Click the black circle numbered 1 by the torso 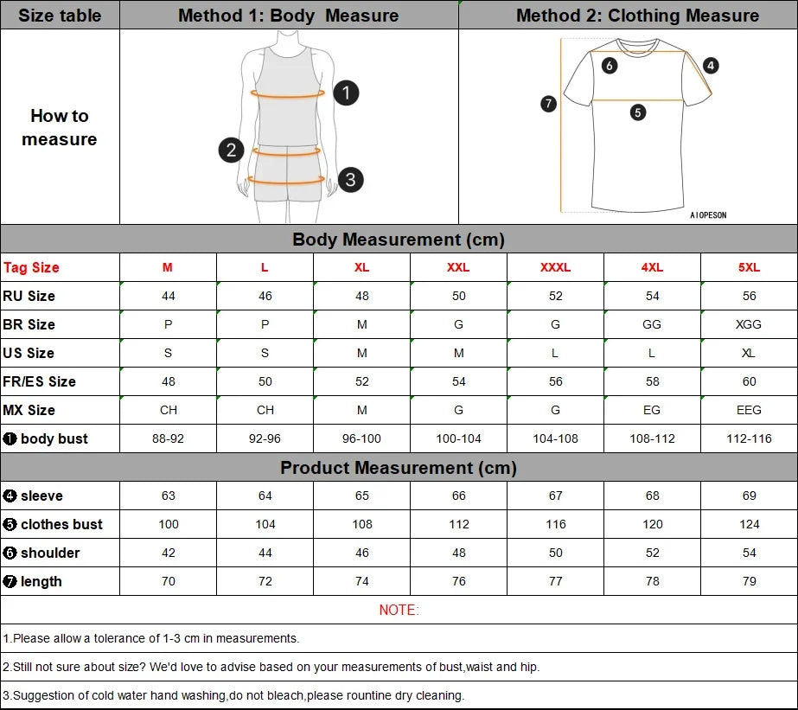[346, 93]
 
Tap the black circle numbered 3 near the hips [350, 180]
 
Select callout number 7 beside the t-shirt [548, 104]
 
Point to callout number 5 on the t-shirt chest [638, 112]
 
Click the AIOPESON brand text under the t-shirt [708, 215]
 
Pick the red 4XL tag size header [652, 267]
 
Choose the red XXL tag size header [458, 267]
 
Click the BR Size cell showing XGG [749, 324]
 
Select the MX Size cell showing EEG [749, 410]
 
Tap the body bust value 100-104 [458, 438]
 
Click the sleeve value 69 [749, 496]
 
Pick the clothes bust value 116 [555, 524]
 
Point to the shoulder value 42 [168, 553]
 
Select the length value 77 [555, 581]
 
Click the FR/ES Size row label [40, 381]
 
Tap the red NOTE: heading [399, 610]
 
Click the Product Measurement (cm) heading [399, 468]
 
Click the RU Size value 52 [555, 296]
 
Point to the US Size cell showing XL [749, 353]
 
